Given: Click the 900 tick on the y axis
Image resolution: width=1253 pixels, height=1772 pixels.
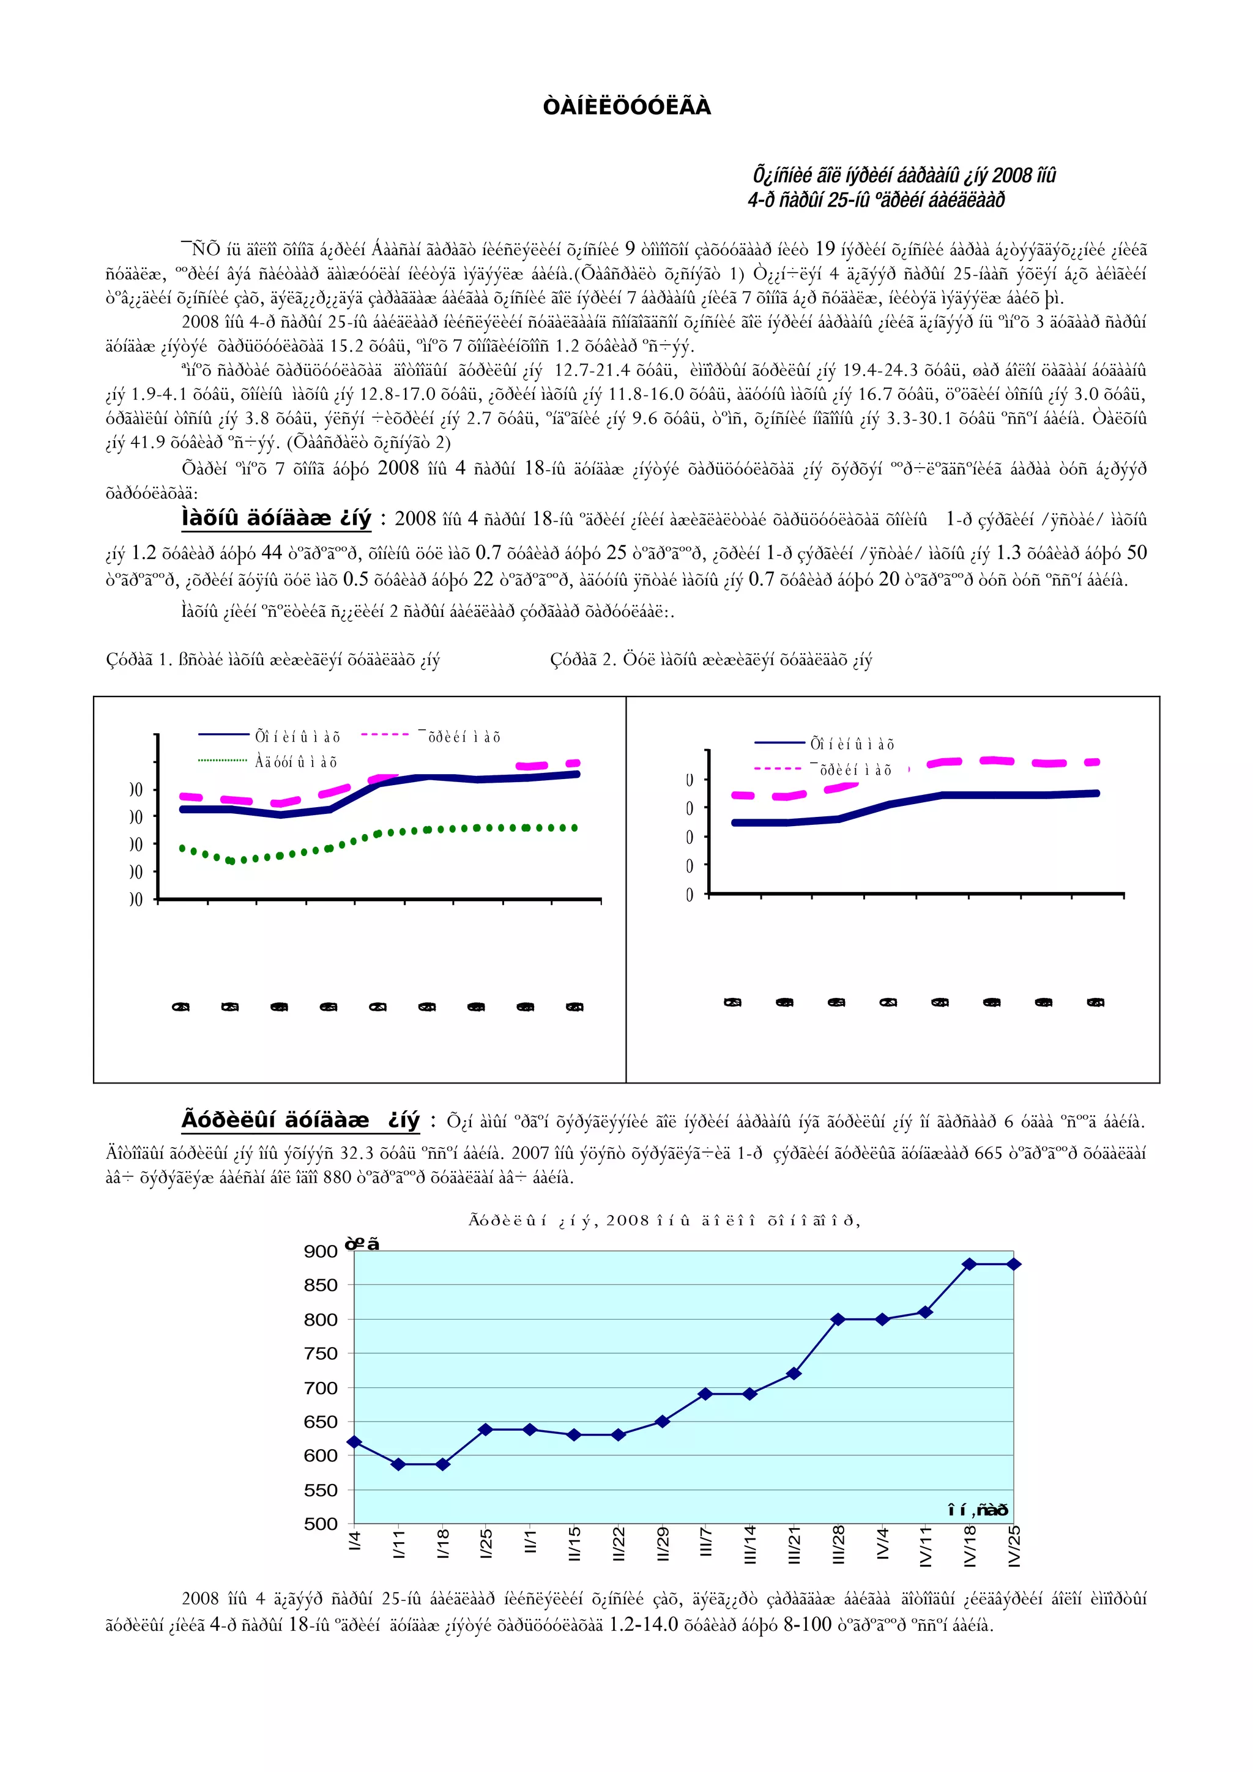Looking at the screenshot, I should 321,1251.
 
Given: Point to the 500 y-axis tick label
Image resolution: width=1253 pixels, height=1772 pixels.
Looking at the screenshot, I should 321,1524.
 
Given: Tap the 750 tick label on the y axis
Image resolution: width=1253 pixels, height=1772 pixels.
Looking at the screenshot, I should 321,1353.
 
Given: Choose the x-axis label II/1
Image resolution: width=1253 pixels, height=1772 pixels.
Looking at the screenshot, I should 530,1542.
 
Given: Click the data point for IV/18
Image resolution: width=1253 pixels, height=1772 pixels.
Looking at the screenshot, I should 970,1264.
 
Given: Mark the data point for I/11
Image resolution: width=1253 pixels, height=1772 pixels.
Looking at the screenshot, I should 398,1464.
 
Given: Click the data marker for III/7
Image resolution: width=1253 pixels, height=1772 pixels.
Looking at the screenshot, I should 705,1394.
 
